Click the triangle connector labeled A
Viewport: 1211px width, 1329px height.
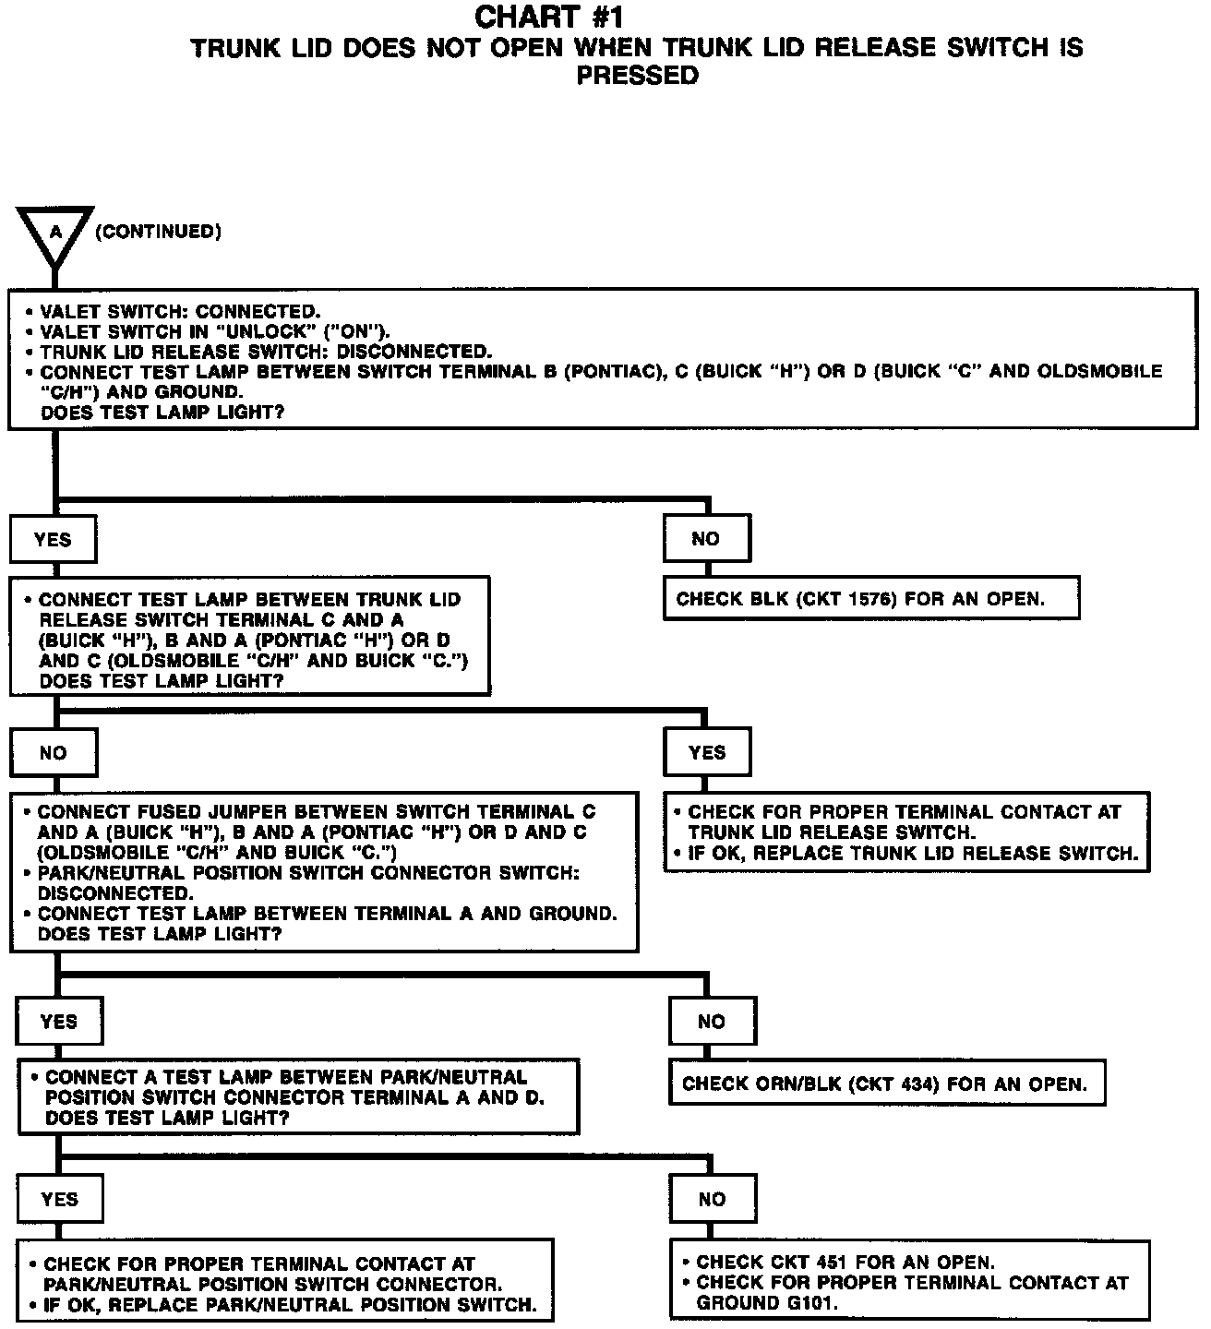pyautogui.click(x=55, y=232)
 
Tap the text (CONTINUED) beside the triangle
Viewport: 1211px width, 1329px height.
pyautogui.click(x=158, y=232)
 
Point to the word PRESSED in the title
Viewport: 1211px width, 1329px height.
pyautogui.click(x=637, y=76)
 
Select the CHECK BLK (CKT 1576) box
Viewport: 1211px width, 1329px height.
pyautogui.click(x=870, y=599)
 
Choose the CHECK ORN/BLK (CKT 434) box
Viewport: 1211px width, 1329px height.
pyautogui.click(x=885, y=1084)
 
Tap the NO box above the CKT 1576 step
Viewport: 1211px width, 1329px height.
pyautogui.click(x=706, y=539)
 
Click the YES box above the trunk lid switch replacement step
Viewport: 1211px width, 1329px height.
pyautogui.click(x=707, y=752)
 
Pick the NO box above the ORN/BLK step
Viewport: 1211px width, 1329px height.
pyautogui.click(x=712, y=1022)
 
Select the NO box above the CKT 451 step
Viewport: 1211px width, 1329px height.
pyautogui.click(x=713, y=1199)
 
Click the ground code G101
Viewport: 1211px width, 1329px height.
pyautogui.click(x=809, y=1303)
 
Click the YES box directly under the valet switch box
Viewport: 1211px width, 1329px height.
pyautogui.click(x=53, y=540)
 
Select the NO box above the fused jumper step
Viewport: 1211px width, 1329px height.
pyautogui.click(x=54, y=753)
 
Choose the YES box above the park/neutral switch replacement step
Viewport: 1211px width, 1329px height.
pyautogui.click(x=60, y=1199)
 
